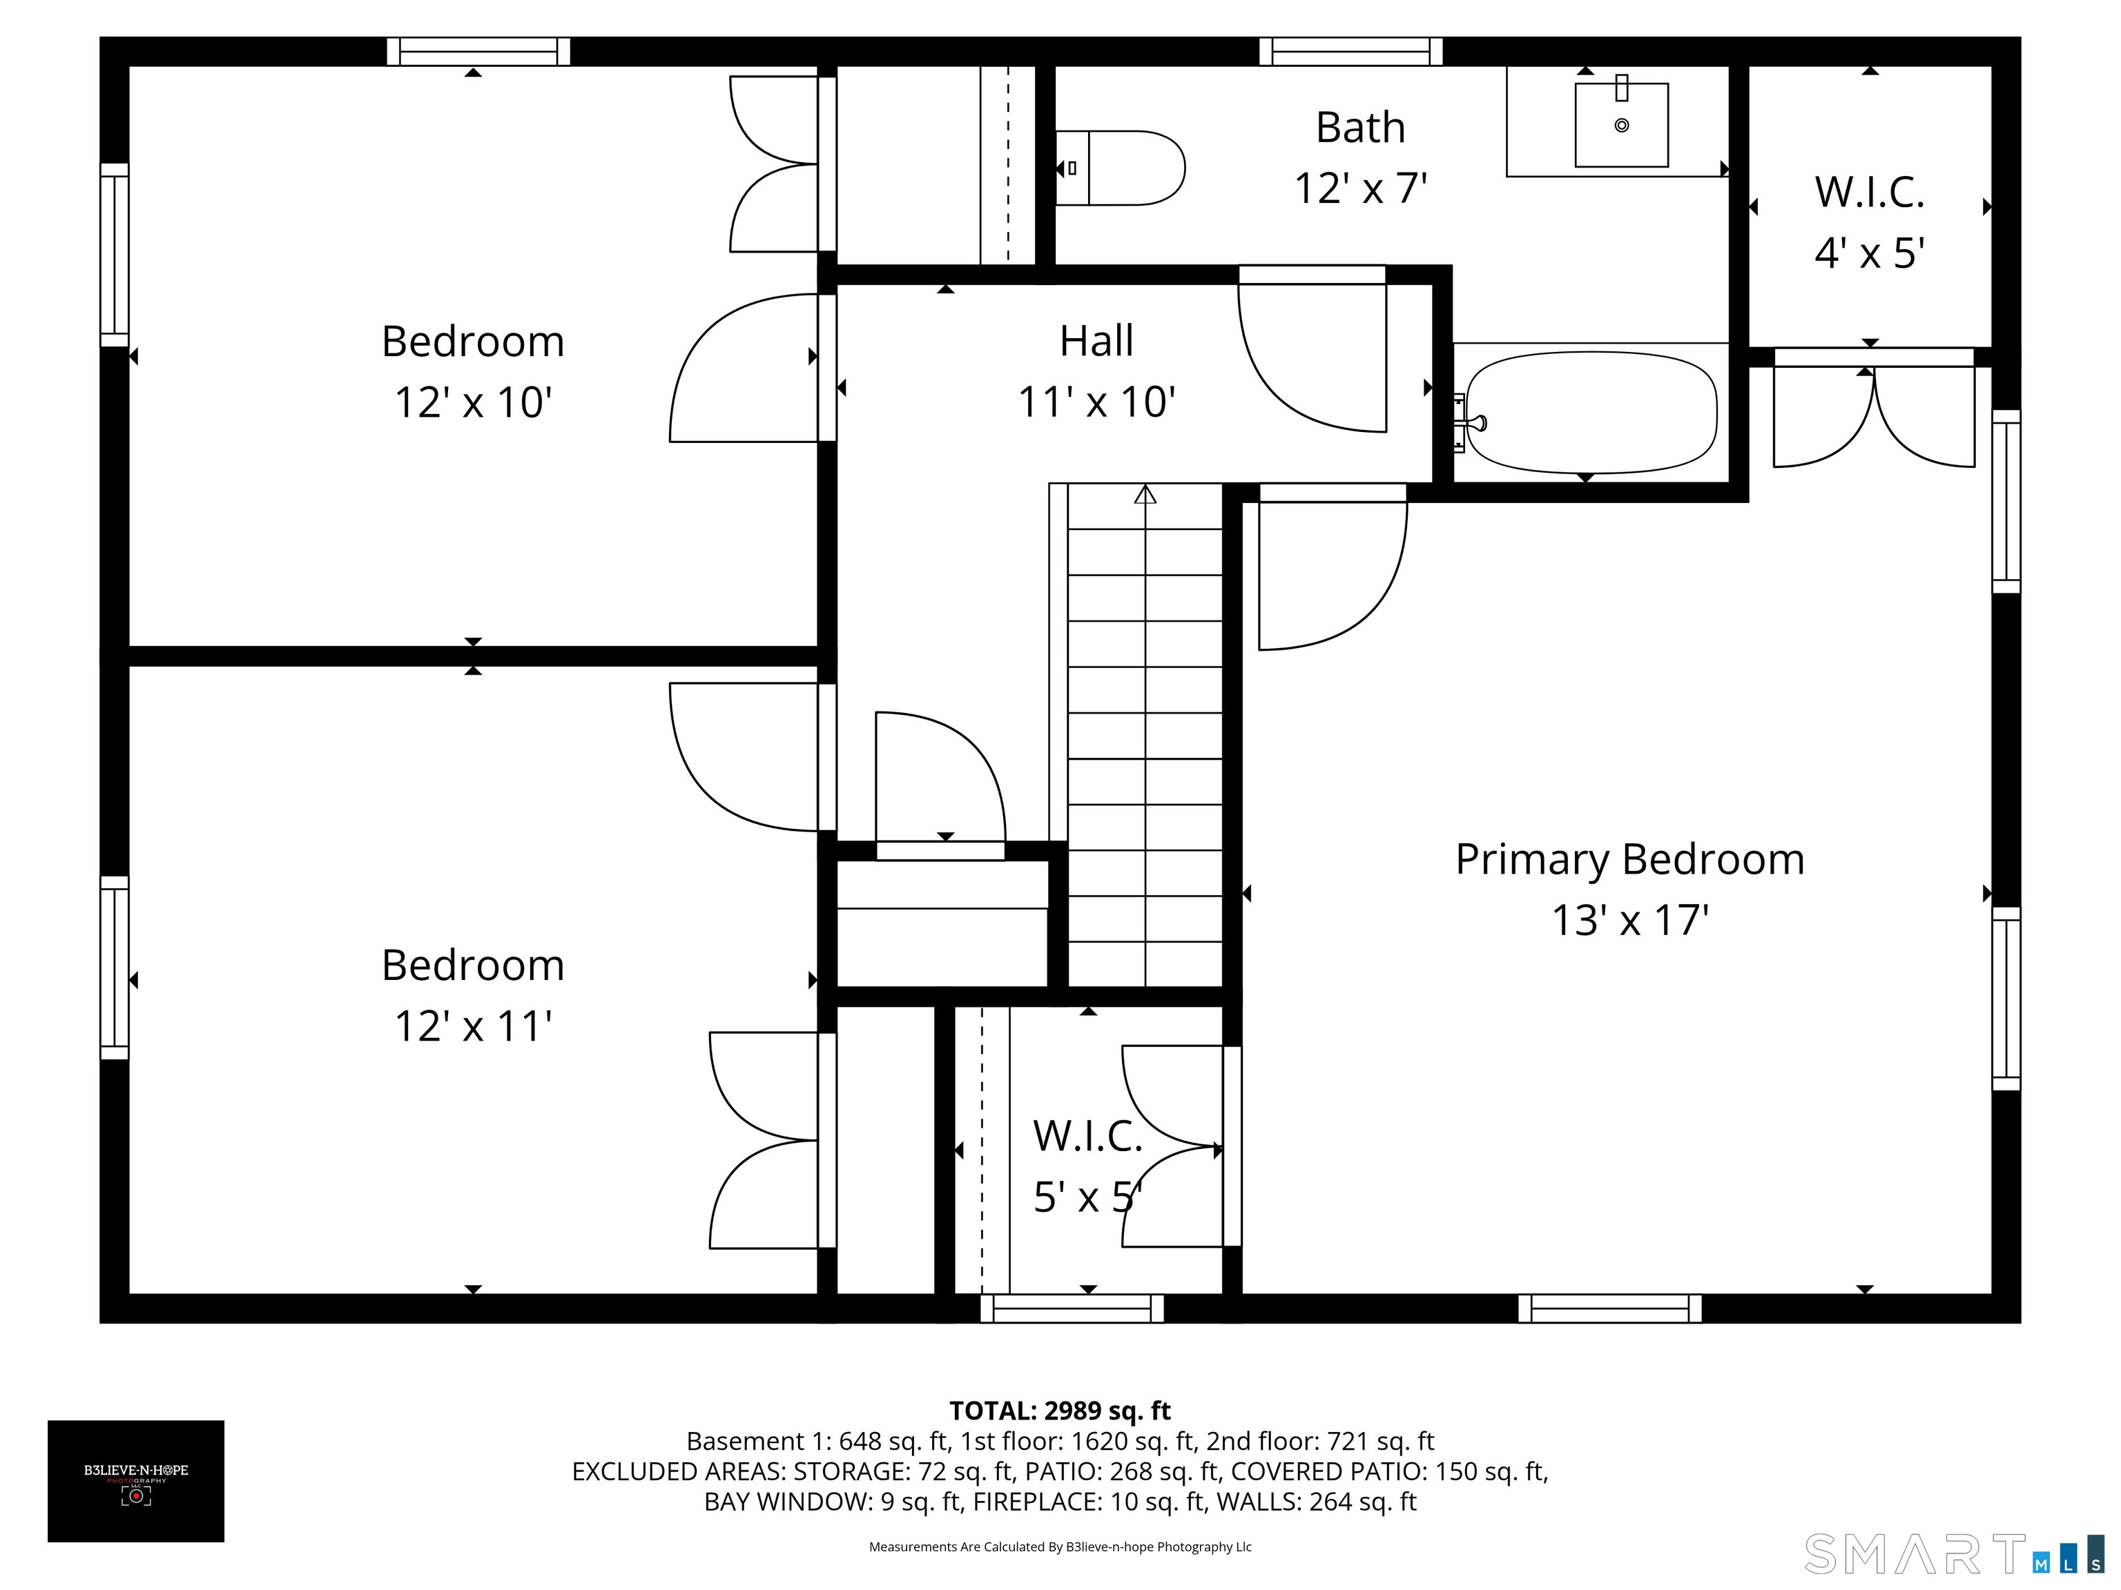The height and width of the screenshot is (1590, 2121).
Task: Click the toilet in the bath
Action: click(1119, 168)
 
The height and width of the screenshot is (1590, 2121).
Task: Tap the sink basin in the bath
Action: click(1621, 125)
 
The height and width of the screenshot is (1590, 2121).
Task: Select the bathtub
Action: click(1591, 412)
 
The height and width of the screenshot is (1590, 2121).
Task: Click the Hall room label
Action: click(1096, 340)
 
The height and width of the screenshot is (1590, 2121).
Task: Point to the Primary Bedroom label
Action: click(1630, 860)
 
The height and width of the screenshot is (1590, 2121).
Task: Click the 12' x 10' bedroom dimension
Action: click(473, 402)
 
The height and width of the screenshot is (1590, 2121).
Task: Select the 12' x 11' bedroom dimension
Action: click(473, 1026)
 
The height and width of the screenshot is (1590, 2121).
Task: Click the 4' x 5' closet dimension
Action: click(1870, 254)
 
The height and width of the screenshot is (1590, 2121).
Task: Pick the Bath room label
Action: click(1361, 128)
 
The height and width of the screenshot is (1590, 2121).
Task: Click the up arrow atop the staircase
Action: click(1145, 495)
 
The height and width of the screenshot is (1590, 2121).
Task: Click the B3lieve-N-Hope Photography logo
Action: click(136, 1481)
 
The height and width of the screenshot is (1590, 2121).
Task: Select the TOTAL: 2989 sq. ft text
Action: click(1060, 1411)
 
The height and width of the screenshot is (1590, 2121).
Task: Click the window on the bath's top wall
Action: click(1351, 52)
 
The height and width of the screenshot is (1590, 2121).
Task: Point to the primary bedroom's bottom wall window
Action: click(1610, 1308)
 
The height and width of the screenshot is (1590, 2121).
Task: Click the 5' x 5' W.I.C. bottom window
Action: click(1072, 1308)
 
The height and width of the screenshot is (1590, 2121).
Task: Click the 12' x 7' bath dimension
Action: click(1361, 189)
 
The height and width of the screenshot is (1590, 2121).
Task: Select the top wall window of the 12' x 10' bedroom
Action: click(478, 52)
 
